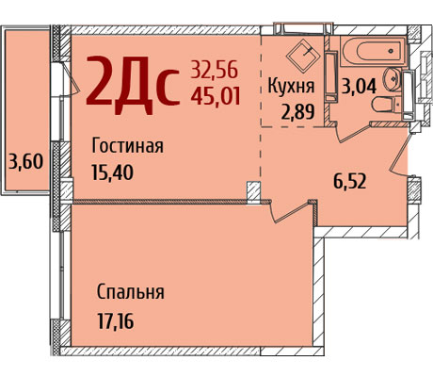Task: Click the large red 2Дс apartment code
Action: tap(133, 85)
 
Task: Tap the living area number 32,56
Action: tap(215, 70)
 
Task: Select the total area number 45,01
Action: tap(216, 95)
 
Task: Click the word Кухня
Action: tap(291, 86)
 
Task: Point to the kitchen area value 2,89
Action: tap(297, 111)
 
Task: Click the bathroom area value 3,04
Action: tap(359, 86)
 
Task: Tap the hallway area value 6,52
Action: tap(349, 181)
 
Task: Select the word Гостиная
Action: tap(127, 146)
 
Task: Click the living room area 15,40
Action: tap(112, 172)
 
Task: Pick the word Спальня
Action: tap(131, 292)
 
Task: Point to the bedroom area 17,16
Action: tap(116, 321)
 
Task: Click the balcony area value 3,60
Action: tap(25, 162)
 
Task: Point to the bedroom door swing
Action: tap(290, 211)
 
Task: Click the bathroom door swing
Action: tap(353, 132)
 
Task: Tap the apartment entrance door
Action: tap(399, 154)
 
